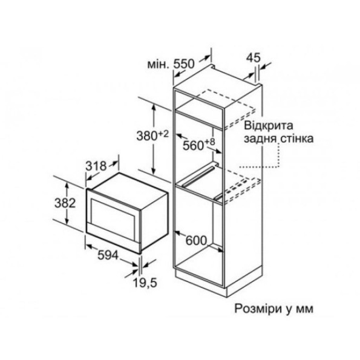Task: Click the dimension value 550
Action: (x=184, y=64)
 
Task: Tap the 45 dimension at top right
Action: (x=254, y=57)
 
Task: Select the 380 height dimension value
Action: (x=146, y=136)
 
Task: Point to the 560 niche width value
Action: (x=194, y=145)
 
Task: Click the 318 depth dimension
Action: (x=96, y=166)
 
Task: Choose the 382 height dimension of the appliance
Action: (x=65, y=203)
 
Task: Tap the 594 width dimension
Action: (x=108, y=255)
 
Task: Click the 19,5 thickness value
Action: (x=145, y=283)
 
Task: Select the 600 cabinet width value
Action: (x=196, y=241)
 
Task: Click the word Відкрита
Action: (x=269, y=126)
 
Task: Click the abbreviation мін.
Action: (x=159, y=65)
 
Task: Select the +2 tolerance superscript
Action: (x=163, y=134)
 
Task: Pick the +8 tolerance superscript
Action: (x=210, y=142)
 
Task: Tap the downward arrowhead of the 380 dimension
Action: (x=154, y=171)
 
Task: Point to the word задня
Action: (x=260, y=139)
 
